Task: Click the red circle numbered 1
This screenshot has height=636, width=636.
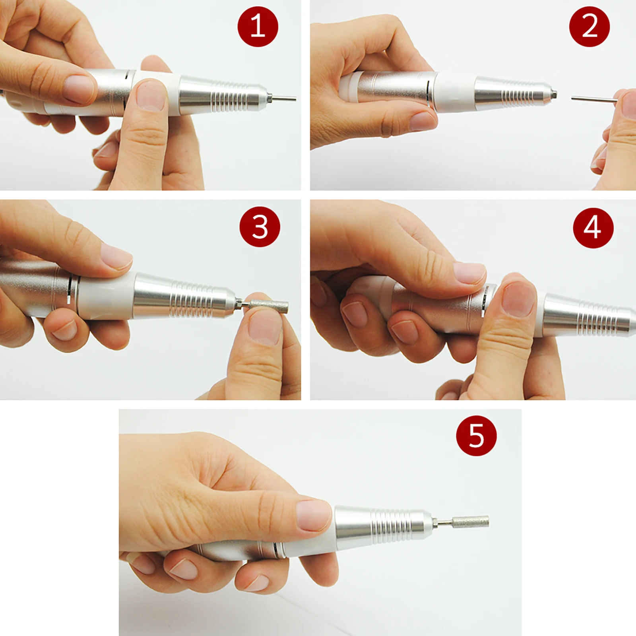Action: tap(258, 26)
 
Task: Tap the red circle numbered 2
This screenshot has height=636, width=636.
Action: tap(589, 26)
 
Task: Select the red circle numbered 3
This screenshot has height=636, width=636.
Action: tap(260, 227)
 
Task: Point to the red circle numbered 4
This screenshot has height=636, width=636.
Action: tap(593, 228)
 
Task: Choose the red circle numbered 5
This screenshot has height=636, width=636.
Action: tap(476, 436)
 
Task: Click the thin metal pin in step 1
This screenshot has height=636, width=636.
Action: tap(285, 97)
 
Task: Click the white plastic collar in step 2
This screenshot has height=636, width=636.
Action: tap(455, 92)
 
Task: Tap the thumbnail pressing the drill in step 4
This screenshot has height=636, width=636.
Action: tap(518, 297)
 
